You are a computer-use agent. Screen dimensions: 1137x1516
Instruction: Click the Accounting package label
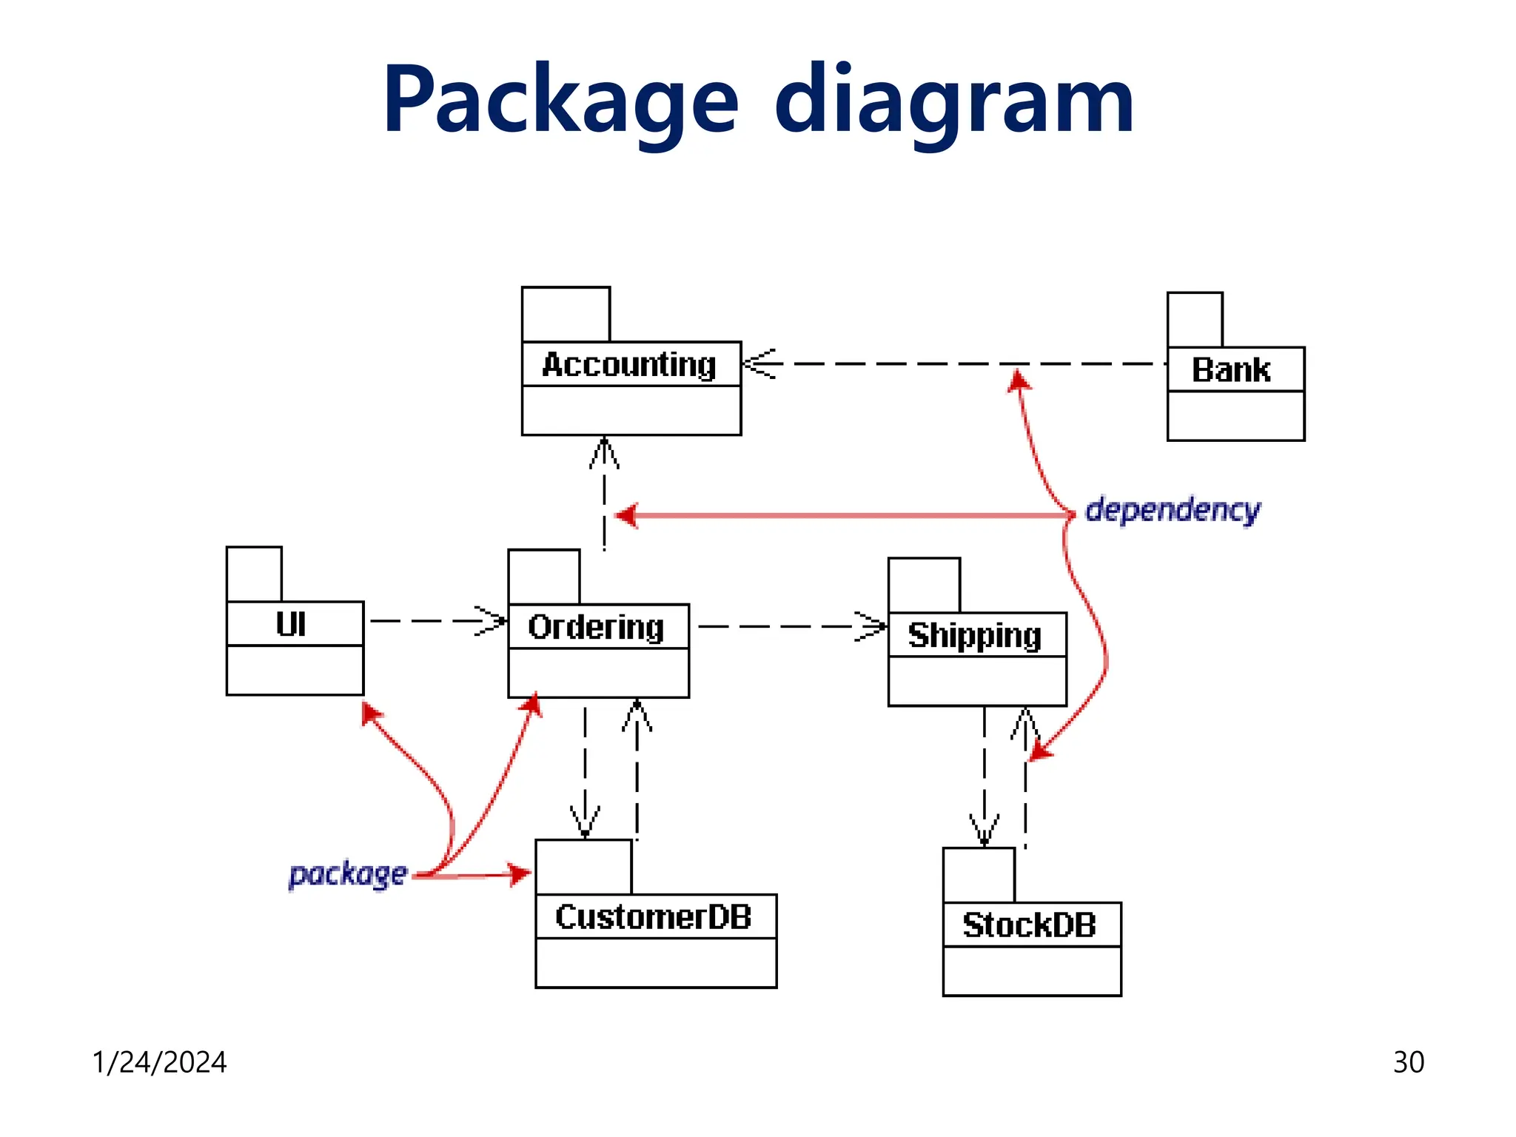point(629,365)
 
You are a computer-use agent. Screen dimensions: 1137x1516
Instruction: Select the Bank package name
point(1231,370)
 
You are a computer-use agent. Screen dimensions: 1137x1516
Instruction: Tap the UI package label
point(291,624)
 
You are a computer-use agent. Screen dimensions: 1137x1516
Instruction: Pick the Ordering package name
point(596,627)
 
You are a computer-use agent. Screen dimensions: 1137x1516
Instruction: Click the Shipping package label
point(975,635)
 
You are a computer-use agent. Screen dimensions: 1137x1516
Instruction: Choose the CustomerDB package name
point(654,917)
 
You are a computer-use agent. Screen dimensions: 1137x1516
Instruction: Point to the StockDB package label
point(1029,925)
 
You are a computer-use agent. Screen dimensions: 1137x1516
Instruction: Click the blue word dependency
point(1173,510)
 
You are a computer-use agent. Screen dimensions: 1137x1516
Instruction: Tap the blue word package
point(348,874)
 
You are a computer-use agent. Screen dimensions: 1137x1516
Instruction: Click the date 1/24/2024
point(159,1062)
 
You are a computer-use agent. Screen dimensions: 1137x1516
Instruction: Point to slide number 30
point(1408,1062)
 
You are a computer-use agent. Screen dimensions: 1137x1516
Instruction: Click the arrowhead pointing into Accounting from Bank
point(758,363)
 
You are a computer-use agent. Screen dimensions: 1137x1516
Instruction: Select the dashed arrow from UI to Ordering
point(437,621)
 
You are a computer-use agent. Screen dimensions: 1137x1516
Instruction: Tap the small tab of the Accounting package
point(566,315)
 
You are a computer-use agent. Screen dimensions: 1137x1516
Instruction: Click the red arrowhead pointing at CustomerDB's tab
point(519,874)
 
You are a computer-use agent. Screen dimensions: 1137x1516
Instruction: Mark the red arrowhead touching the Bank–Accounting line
point(1019,380)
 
